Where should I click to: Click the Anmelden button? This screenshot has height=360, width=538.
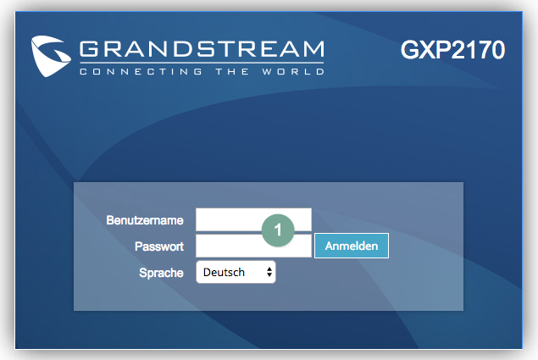click(352, 246)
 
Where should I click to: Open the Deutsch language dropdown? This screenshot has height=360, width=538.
click(236, 272)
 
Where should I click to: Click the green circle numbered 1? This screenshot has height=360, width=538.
click(278, 230)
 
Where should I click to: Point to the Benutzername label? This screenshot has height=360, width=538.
click(145, 220)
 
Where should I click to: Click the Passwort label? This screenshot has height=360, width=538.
click(159, 246)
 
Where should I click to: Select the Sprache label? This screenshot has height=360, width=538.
click(161, 273)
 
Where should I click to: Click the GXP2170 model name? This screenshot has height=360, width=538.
click(452, 50)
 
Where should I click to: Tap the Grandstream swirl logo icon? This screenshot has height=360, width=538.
click(51, 56)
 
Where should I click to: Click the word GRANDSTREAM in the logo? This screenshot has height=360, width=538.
click(202, 49)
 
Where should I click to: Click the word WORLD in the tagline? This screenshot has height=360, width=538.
click(293, 71)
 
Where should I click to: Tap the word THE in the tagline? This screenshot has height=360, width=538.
click(232, 71)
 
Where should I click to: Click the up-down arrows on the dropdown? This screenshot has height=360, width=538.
click(269, 272)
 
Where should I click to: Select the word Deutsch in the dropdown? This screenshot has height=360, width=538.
click(224, 273)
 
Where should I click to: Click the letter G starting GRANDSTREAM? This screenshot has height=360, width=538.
click(89, 49)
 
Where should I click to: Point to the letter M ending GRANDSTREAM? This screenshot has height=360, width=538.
click(313, 49)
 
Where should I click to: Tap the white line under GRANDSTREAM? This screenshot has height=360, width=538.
click(202, 63)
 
